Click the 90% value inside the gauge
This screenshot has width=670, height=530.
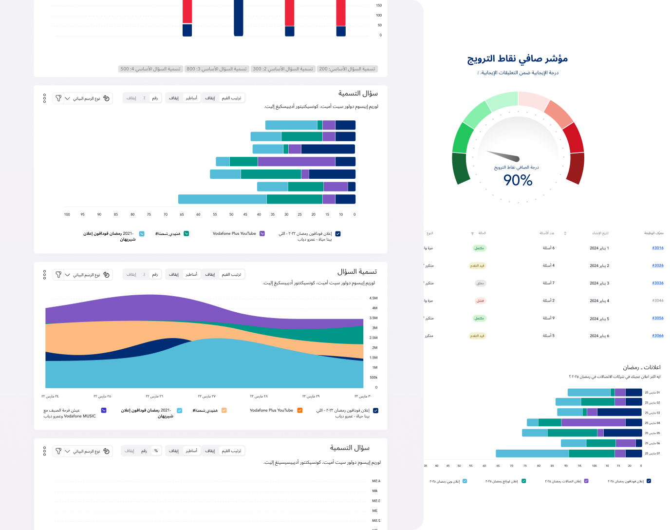[x=518, y=180]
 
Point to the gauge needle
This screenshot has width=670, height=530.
[x=504, y=156]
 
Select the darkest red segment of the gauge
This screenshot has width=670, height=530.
[x=576, y=168]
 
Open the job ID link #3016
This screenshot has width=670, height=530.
[x=658, y=248]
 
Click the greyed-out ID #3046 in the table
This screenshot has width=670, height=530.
[x=658, y=301]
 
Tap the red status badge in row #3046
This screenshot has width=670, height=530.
[x=480, y=301]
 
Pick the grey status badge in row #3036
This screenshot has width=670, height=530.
[x=480, y=283]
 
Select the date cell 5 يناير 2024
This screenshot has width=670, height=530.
[x=599, y=319]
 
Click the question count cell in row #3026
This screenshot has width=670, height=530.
[x=549, y=265]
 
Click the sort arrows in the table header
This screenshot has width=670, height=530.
[x=565, y=233]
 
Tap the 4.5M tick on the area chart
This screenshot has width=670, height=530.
[x=373, y=298]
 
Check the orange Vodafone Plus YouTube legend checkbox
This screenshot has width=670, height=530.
[x=300, y=410]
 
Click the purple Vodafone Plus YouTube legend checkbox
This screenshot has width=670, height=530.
[x=262, y=234]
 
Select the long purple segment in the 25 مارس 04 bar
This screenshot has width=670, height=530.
[x=593, y=422]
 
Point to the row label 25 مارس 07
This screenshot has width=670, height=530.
[x=652, y=454]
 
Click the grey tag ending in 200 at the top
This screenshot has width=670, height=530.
[x=347, y=69]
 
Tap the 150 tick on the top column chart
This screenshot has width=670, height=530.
[x=379, y=5]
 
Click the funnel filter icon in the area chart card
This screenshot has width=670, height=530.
[x=58, y=275]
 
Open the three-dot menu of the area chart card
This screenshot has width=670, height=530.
[x=44, y=275]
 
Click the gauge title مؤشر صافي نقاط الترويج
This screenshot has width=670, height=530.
[x=518, y=59]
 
